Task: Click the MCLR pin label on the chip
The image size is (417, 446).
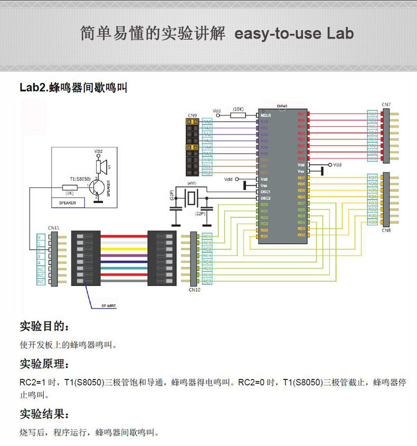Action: click(266, 115)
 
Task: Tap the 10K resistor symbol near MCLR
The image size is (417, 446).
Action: click(238, 115)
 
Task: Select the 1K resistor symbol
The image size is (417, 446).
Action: click(70, 187)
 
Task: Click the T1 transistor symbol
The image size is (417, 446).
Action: click(97, 188)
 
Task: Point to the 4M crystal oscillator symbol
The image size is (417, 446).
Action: click(191, 199)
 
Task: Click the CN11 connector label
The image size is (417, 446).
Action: click(53, 228)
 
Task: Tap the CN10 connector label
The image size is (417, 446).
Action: click(194, 290)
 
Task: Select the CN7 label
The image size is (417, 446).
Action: click(386, 105)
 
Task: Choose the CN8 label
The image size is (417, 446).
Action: click(386, 230)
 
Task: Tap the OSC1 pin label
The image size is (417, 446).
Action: click(266, 191)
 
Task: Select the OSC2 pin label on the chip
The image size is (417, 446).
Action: click(266, 198)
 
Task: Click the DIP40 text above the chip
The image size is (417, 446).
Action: click(282, 106)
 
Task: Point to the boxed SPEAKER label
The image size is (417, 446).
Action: click(68, 202)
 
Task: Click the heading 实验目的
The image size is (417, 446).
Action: click(44, 326)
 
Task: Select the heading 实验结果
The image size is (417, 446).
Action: click(44, 413)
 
